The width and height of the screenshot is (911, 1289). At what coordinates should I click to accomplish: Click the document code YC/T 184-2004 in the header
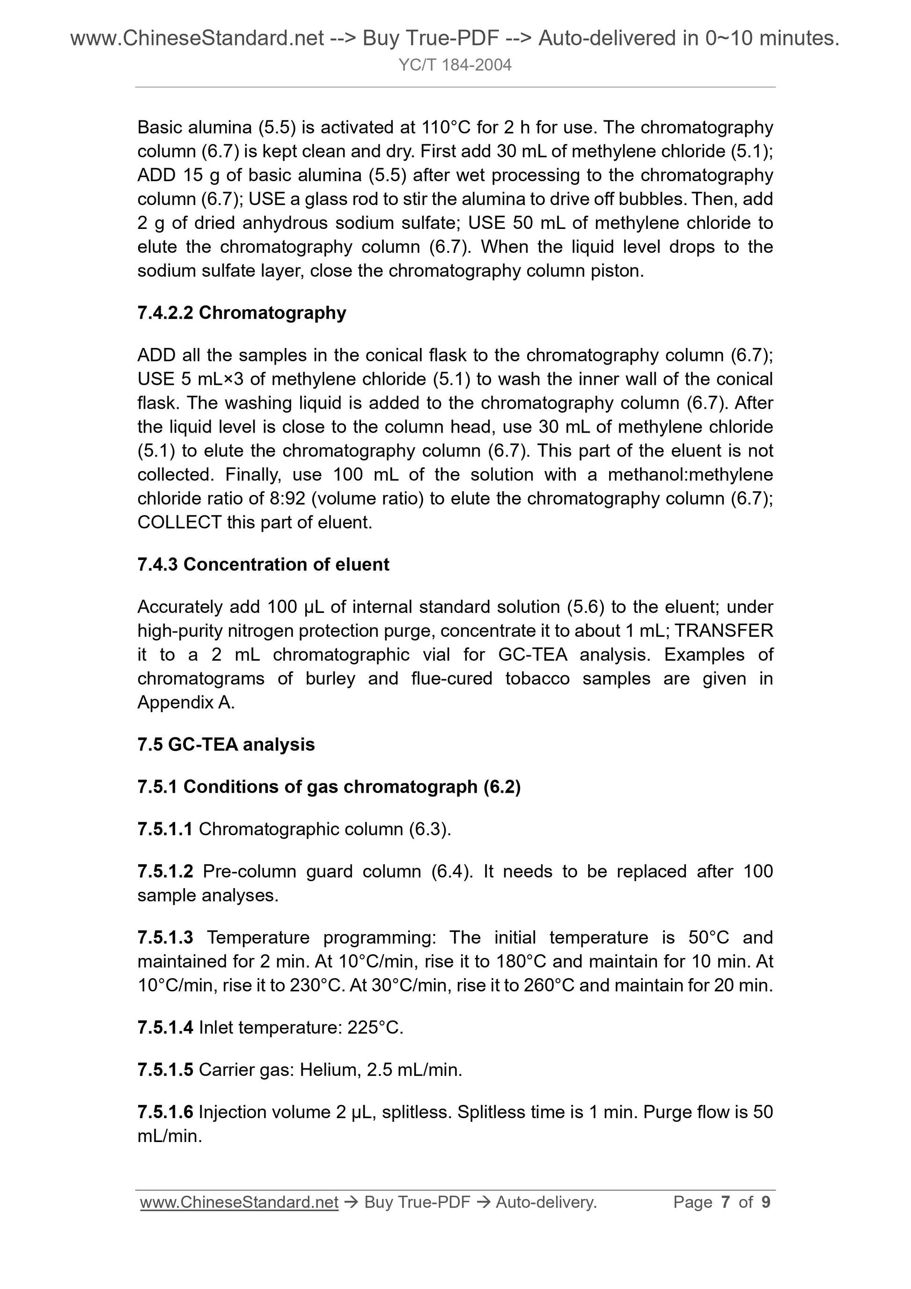tap(455, 66)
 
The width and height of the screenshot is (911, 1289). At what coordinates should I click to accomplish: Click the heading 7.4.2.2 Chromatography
tap(242, 313)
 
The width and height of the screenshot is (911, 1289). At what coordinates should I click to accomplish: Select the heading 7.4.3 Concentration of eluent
tap(263, 564)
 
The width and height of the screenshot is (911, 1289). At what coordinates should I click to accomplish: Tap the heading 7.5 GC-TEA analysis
tap(226, 744)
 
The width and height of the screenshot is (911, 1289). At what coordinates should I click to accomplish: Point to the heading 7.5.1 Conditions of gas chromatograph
tap(329, 787)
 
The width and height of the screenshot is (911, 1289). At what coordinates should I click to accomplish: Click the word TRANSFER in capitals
tap(724, 631)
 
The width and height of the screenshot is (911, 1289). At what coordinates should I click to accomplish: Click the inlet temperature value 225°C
tap(375, 1028)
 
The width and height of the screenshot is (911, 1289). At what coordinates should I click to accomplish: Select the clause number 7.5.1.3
tap(165, 937)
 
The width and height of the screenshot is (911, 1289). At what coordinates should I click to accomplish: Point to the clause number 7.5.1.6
tap(165, 1112)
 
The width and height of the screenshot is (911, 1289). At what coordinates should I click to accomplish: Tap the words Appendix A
tap(186, 702)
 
